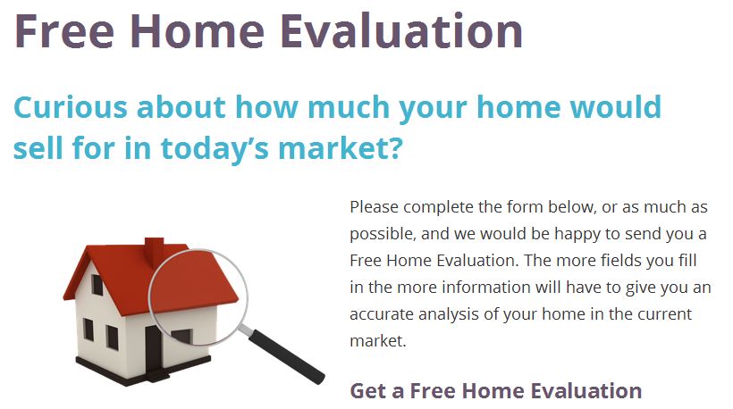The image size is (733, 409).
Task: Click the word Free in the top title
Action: click(x=64, y=31)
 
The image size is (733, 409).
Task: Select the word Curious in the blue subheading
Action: click(x=71, y=107)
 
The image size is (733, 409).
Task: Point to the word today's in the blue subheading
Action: click(x=215, y=147)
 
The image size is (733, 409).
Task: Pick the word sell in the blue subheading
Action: click(x=38, y=147)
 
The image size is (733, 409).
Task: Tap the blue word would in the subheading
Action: click(x=616, y=106)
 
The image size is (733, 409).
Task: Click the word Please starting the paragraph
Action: click(x=374, y=206)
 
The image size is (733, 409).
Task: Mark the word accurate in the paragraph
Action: click(x=382, y=313)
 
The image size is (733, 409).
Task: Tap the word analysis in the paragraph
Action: click(x=448, y=314)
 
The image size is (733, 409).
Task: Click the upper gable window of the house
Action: click(x=97, y=284)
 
